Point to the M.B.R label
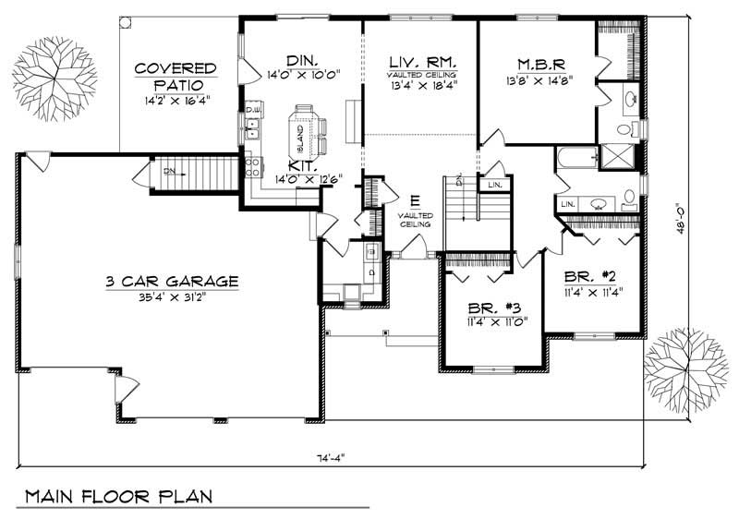540,64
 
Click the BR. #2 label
591,276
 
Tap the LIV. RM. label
419,62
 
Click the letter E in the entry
414,200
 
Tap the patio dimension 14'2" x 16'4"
176,100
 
